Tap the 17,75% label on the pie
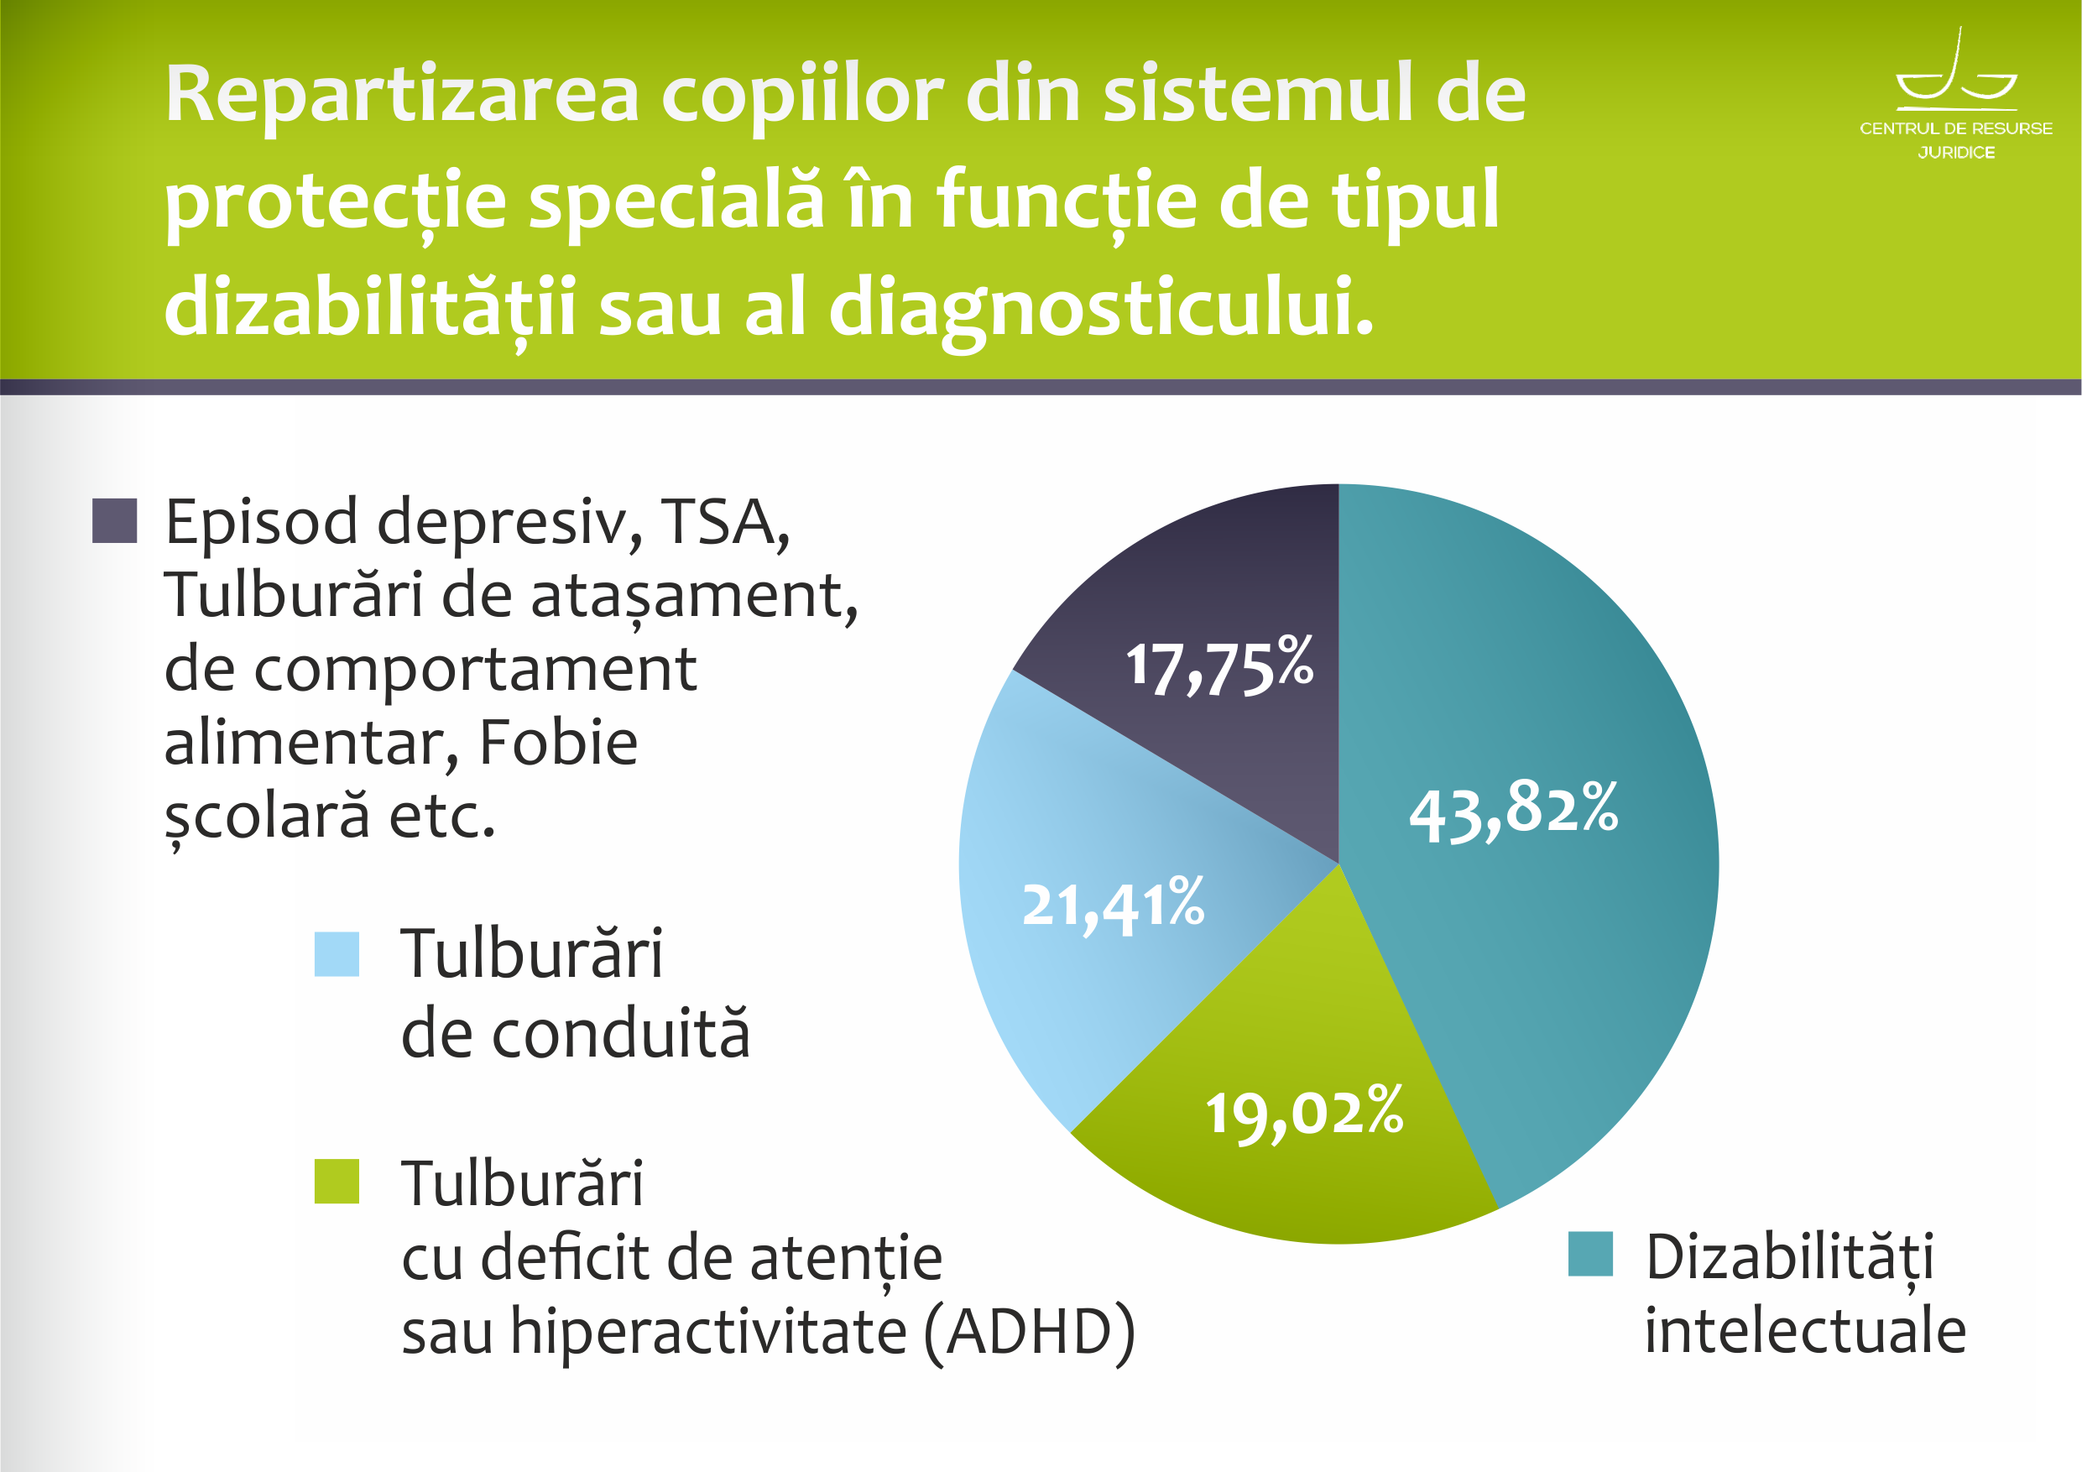coord(1219,666)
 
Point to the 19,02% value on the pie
coord(1304,1112)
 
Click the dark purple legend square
coord(114,520)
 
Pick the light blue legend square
coord(337,954)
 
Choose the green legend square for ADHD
coord(337,1181)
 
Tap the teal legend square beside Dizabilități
coord(1590,1254)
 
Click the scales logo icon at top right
coord(1956,67)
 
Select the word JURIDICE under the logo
coord(1956,153)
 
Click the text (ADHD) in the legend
coord(1029,1331)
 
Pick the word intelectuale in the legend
coord(1804,1330)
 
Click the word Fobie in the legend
coord(559,742)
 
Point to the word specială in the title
coord(676,202)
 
